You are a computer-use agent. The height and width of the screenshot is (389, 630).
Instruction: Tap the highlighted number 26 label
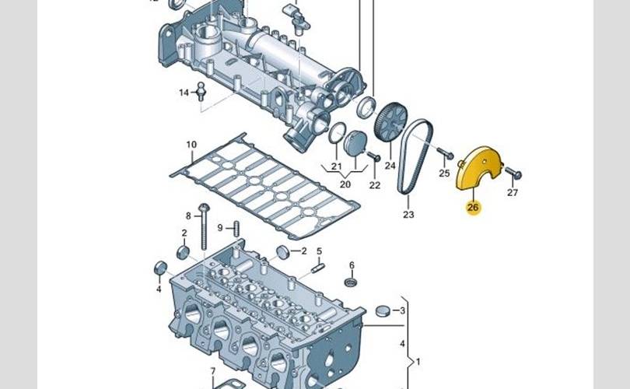click(x=473, y=208)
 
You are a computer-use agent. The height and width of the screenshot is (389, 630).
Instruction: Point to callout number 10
click(x=191, y=145)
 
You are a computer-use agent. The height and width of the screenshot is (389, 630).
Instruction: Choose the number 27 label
click(x=512, y=192)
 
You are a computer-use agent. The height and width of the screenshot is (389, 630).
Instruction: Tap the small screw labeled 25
click(x=443, y=152)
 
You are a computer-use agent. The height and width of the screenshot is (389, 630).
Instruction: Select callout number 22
click(x=374, y=185)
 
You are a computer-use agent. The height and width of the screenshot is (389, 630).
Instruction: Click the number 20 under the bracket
click(x=345, y=184)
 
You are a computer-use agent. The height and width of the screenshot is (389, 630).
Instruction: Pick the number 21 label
click(x=336, y=167)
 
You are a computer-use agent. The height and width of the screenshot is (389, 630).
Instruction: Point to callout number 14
click(x=184, y=93)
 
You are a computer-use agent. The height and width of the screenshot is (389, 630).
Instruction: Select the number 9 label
click(x=220, y=227)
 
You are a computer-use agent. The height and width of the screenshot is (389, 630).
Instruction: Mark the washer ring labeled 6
click(x=351, y=281)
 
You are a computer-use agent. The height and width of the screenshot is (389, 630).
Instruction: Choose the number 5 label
click(x=319, y=251)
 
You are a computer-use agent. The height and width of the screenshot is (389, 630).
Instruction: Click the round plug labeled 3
click(x=382, y=312)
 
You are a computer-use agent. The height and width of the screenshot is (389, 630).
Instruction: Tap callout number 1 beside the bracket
click(x=418, y=362)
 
